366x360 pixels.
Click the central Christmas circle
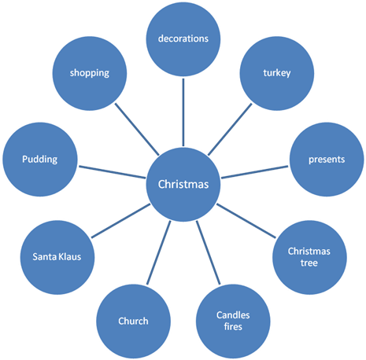coord(183,184)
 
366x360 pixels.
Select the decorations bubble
coord(183,39)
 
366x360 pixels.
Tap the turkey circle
coord(277,73)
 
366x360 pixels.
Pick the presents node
coord(327,160)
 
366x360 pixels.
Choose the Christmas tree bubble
coord(309,257)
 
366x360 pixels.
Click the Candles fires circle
coord(233,321)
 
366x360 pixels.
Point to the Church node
coord(133,321)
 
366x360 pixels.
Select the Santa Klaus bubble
coord(57,257)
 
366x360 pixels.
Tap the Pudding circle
coord(40,160)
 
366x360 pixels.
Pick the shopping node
coord(90,73)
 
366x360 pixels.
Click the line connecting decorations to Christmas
coord(183,112)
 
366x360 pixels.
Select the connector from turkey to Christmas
coord(230,130)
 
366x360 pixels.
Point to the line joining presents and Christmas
coord(255,172)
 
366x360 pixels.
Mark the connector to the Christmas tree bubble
coord(246,221)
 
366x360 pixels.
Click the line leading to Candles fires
coord(208,252)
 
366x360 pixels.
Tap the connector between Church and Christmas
coord(158,252)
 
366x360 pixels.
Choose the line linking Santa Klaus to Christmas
coord(120,221)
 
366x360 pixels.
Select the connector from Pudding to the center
coord(112,172)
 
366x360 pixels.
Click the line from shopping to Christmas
coord(137,130)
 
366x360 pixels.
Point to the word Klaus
coord(69,256)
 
